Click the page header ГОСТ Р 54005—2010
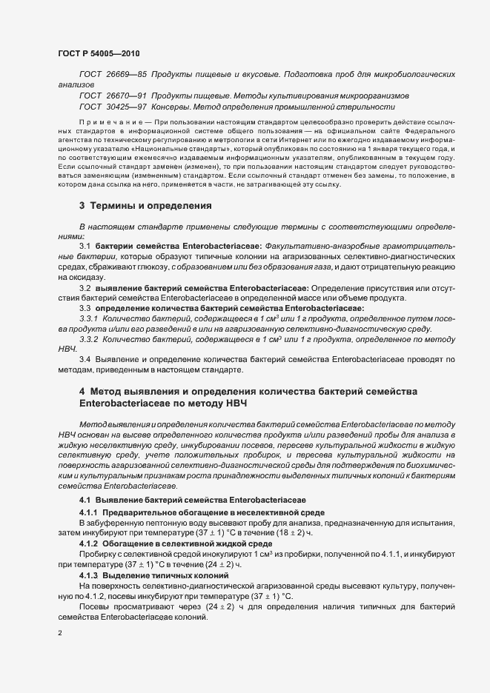coord(98,54)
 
